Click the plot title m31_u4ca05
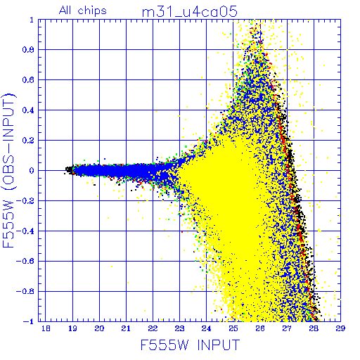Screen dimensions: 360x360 [x=190, y=12]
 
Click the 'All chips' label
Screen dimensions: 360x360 [x=83, y=11]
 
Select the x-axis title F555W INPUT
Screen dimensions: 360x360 [x=190, y=345]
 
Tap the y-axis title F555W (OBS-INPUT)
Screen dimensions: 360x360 [x=9, y=170]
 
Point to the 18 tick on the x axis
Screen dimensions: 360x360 [x=46, y=328]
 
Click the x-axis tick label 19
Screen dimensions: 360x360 [x=72, y=328]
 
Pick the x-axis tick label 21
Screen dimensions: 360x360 [x=126, y=328]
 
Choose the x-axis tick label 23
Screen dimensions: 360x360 [x=179, y=328]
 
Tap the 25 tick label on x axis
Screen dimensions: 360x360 [x=233, y=328]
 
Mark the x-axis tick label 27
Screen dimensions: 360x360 [x=287, y=328]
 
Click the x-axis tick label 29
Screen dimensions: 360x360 [x=340, y=328]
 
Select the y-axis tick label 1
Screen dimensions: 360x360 [x=32, y=20]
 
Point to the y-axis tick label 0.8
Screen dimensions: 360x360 [x=28, y=50]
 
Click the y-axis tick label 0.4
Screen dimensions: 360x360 [x=28, y=110]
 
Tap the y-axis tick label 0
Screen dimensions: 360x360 [x=32, y=171]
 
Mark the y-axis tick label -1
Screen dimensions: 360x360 [x=29, y=321]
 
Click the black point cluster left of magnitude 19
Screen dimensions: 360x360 [x=69, y=169]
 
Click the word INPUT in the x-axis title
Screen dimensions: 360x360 [x=219, y=345]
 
